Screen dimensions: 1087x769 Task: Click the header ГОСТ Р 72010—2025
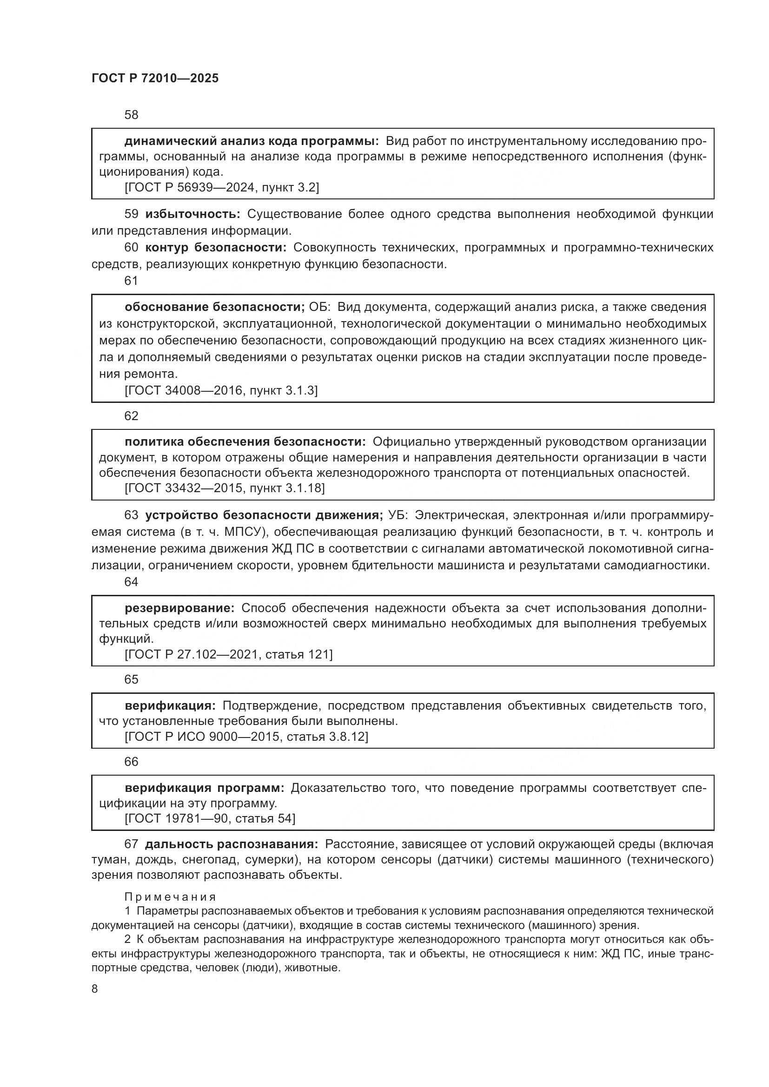(155, 79)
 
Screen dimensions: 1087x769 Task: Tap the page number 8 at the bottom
(95, 989)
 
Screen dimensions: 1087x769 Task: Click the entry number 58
(131, 115)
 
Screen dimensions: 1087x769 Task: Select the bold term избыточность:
(193, 214)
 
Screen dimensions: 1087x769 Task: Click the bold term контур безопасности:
(215, 247)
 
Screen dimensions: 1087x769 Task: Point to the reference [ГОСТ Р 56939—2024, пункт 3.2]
(222, 187)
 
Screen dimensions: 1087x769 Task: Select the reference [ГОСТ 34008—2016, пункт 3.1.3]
(221, 390)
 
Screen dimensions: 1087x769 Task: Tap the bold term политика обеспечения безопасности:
(245, 441)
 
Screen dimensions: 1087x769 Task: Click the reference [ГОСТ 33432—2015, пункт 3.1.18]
(225, 488)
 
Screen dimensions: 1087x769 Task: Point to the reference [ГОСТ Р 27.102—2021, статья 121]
(228, 654)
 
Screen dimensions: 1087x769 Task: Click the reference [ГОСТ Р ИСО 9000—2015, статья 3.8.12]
(246, 736)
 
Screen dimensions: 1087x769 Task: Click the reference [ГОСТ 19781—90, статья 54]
(210, 818)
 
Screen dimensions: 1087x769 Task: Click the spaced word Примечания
(170, 896)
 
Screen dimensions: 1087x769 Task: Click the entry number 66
(131, 761)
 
